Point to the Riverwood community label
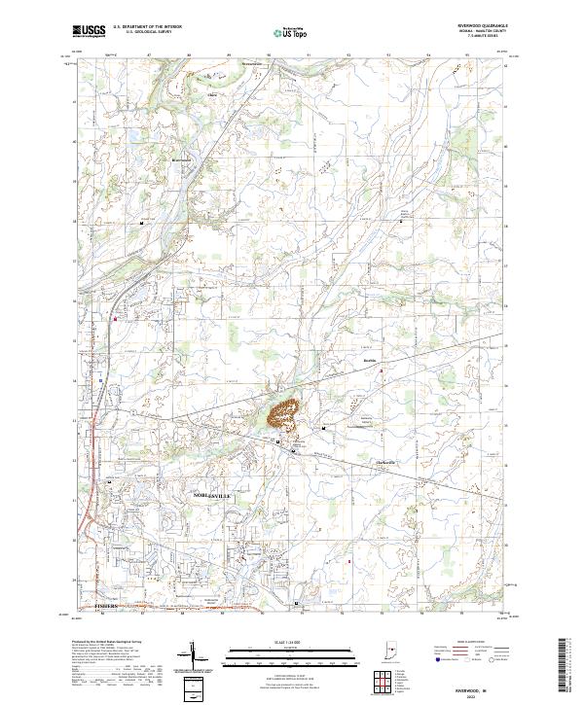click(x=181, y=160)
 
